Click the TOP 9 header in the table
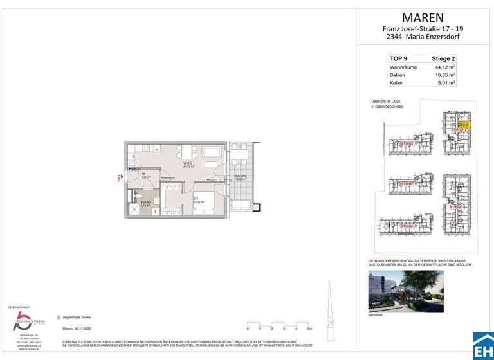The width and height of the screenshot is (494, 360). (x=399, y=59)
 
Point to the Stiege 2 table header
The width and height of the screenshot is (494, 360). (x=443, y=59)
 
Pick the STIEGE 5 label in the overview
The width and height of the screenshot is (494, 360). (x=408, y=226)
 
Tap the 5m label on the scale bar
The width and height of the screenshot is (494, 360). (x=309, y=328)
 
